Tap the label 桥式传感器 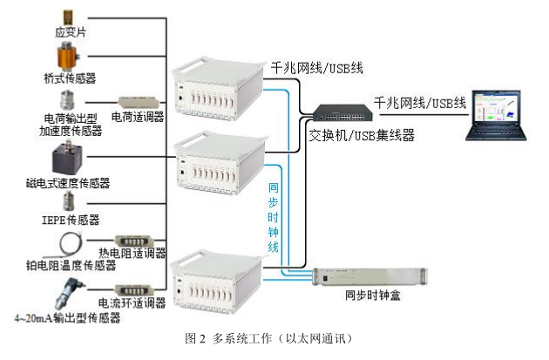tap(71, 77)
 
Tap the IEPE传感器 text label tap(71, 219)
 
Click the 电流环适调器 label tap(132, 303)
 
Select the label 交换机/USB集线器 tap(362, 135)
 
